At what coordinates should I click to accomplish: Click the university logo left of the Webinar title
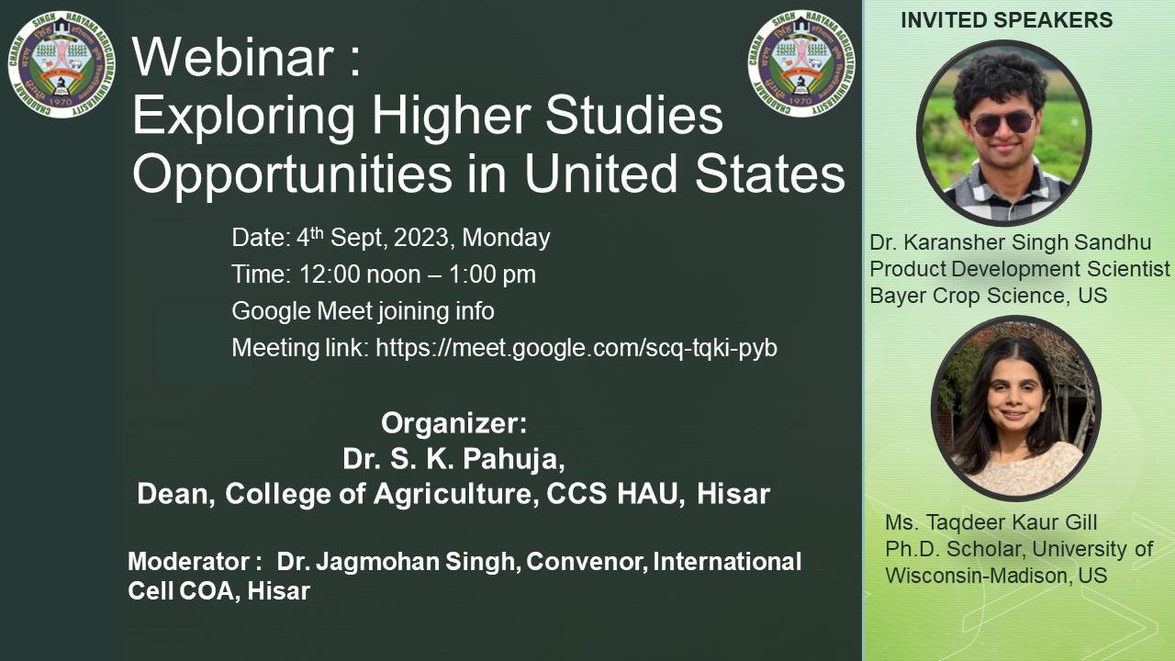tap(62, 64)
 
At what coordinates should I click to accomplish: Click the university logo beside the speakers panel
tap(801, 63)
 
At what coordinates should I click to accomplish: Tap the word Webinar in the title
tap(233, 57)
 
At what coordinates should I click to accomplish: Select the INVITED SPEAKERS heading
tap(1007, 20)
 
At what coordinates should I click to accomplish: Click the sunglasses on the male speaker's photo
tap(1003, 124)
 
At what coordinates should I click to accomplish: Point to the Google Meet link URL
tap(576, 348)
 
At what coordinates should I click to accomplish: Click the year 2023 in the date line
tap(421, 238)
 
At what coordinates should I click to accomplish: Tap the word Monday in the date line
tap(506, 238)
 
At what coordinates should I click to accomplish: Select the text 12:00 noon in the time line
tap(360, 274)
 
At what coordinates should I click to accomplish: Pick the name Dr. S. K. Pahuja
tap(453, 459)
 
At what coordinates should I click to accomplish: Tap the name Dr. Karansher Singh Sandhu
tap(1011, 242)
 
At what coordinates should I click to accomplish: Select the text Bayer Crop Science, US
tap(989, 296)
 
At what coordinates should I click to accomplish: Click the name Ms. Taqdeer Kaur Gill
tap(990, 522)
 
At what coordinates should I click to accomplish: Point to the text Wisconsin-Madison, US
tap(996, 576)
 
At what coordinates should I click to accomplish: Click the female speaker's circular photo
tap(1015, 408)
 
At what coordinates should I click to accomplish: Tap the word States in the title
tap(770, 174)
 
